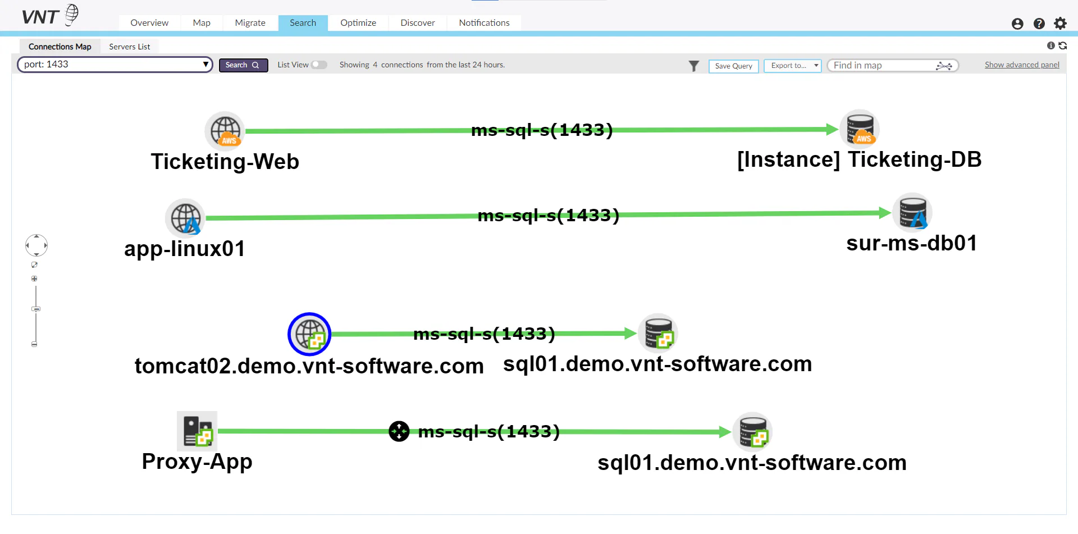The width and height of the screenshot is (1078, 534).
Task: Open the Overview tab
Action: [x=149, y=23]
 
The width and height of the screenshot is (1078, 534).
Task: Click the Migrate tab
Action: [x=250, y=23]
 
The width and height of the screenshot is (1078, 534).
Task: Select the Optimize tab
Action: [x=358, y=23]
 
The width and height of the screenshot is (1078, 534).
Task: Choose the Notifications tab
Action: [x=484, y=23]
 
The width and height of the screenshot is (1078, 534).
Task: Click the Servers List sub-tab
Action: [x=129, y=47]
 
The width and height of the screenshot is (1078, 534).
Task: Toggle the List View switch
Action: [x=319, y=65]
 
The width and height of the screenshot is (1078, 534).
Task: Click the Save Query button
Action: [x=733, y=66]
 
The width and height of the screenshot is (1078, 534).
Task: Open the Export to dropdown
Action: [x=792, y=66]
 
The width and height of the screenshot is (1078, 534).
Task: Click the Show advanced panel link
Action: [x=1022, y=65]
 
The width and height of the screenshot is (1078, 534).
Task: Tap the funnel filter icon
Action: [x=694, y=66]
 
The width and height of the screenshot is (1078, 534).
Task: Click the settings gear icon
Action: [x=1060, y=24]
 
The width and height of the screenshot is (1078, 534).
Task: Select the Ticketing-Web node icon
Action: [x=225, y=131]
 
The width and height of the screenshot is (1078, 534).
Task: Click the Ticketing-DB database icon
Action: [x=860, y=129]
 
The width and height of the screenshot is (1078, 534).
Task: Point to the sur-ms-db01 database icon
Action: [x=912, y=213]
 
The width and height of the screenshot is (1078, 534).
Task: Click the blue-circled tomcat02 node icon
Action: [x=309, y=334]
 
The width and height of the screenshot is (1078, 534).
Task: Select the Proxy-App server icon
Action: [x=197, y=431]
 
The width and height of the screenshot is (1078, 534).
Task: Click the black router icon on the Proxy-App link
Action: [x=399, y=431]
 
